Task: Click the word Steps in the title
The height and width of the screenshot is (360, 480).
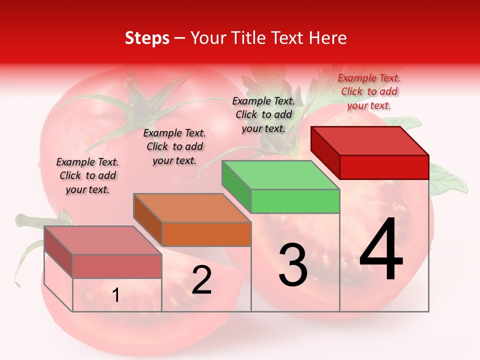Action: [x=147, y=38]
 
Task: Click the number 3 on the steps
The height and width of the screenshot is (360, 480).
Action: [x=293, y=265]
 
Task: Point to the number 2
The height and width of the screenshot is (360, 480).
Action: [x=201, y=280]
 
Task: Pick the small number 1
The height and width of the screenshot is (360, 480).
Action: [x=116, y=295]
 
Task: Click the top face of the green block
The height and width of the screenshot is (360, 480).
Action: [x=280, y=175]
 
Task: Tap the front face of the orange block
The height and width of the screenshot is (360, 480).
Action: [x=206, y=234]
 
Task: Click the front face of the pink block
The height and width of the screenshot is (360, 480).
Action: [x=117, y=266]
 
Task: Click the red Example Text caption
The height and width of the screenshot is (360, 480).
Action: [x=369, y=91]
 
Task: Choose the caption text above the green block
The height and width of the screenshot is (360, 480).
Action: [x=263, y=114]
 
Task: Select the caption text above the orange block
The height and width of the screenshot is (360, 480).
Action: [x=174, y=146]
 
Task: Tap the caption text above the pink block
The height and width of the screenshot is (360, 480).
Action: [x=87, y=175]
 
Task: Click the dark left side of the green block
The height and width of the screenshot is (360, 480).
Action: [x=236, y=187]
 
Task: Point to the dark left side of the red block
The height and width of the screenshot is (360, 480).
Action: [x=325, y=152]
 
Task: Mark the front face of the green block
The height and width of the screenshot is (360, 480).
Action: [x=295, y=201]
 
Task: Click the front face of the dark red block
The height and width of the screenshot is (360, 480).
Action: [x=384, y=167]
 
